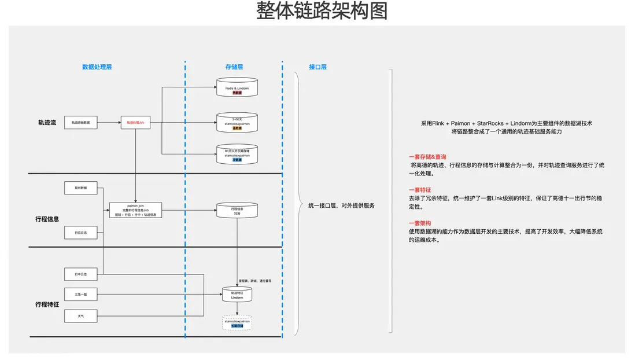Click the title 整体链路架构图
coord(322,12)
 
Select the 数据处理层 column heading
coord(97,67)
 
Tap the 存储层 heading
coord(234,67)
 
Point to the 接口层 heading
coord(317,67)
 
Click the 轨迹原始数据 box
coord(80,123)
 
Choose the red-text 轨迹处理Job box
coord(135,123)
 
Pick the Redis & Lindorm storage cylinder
coord(237,89)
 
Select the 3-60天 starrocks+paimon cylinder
coord(237,123)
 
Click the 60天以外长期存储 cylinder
coord(237,154)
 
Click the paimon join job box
coord(135,210)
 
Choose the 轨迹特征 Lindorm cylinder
coord(237,295)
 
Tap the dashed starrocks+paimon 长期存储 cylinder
coord(237,322)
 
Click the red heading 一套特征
coord(419,190)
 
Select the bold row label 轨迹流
coord(47,123)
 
